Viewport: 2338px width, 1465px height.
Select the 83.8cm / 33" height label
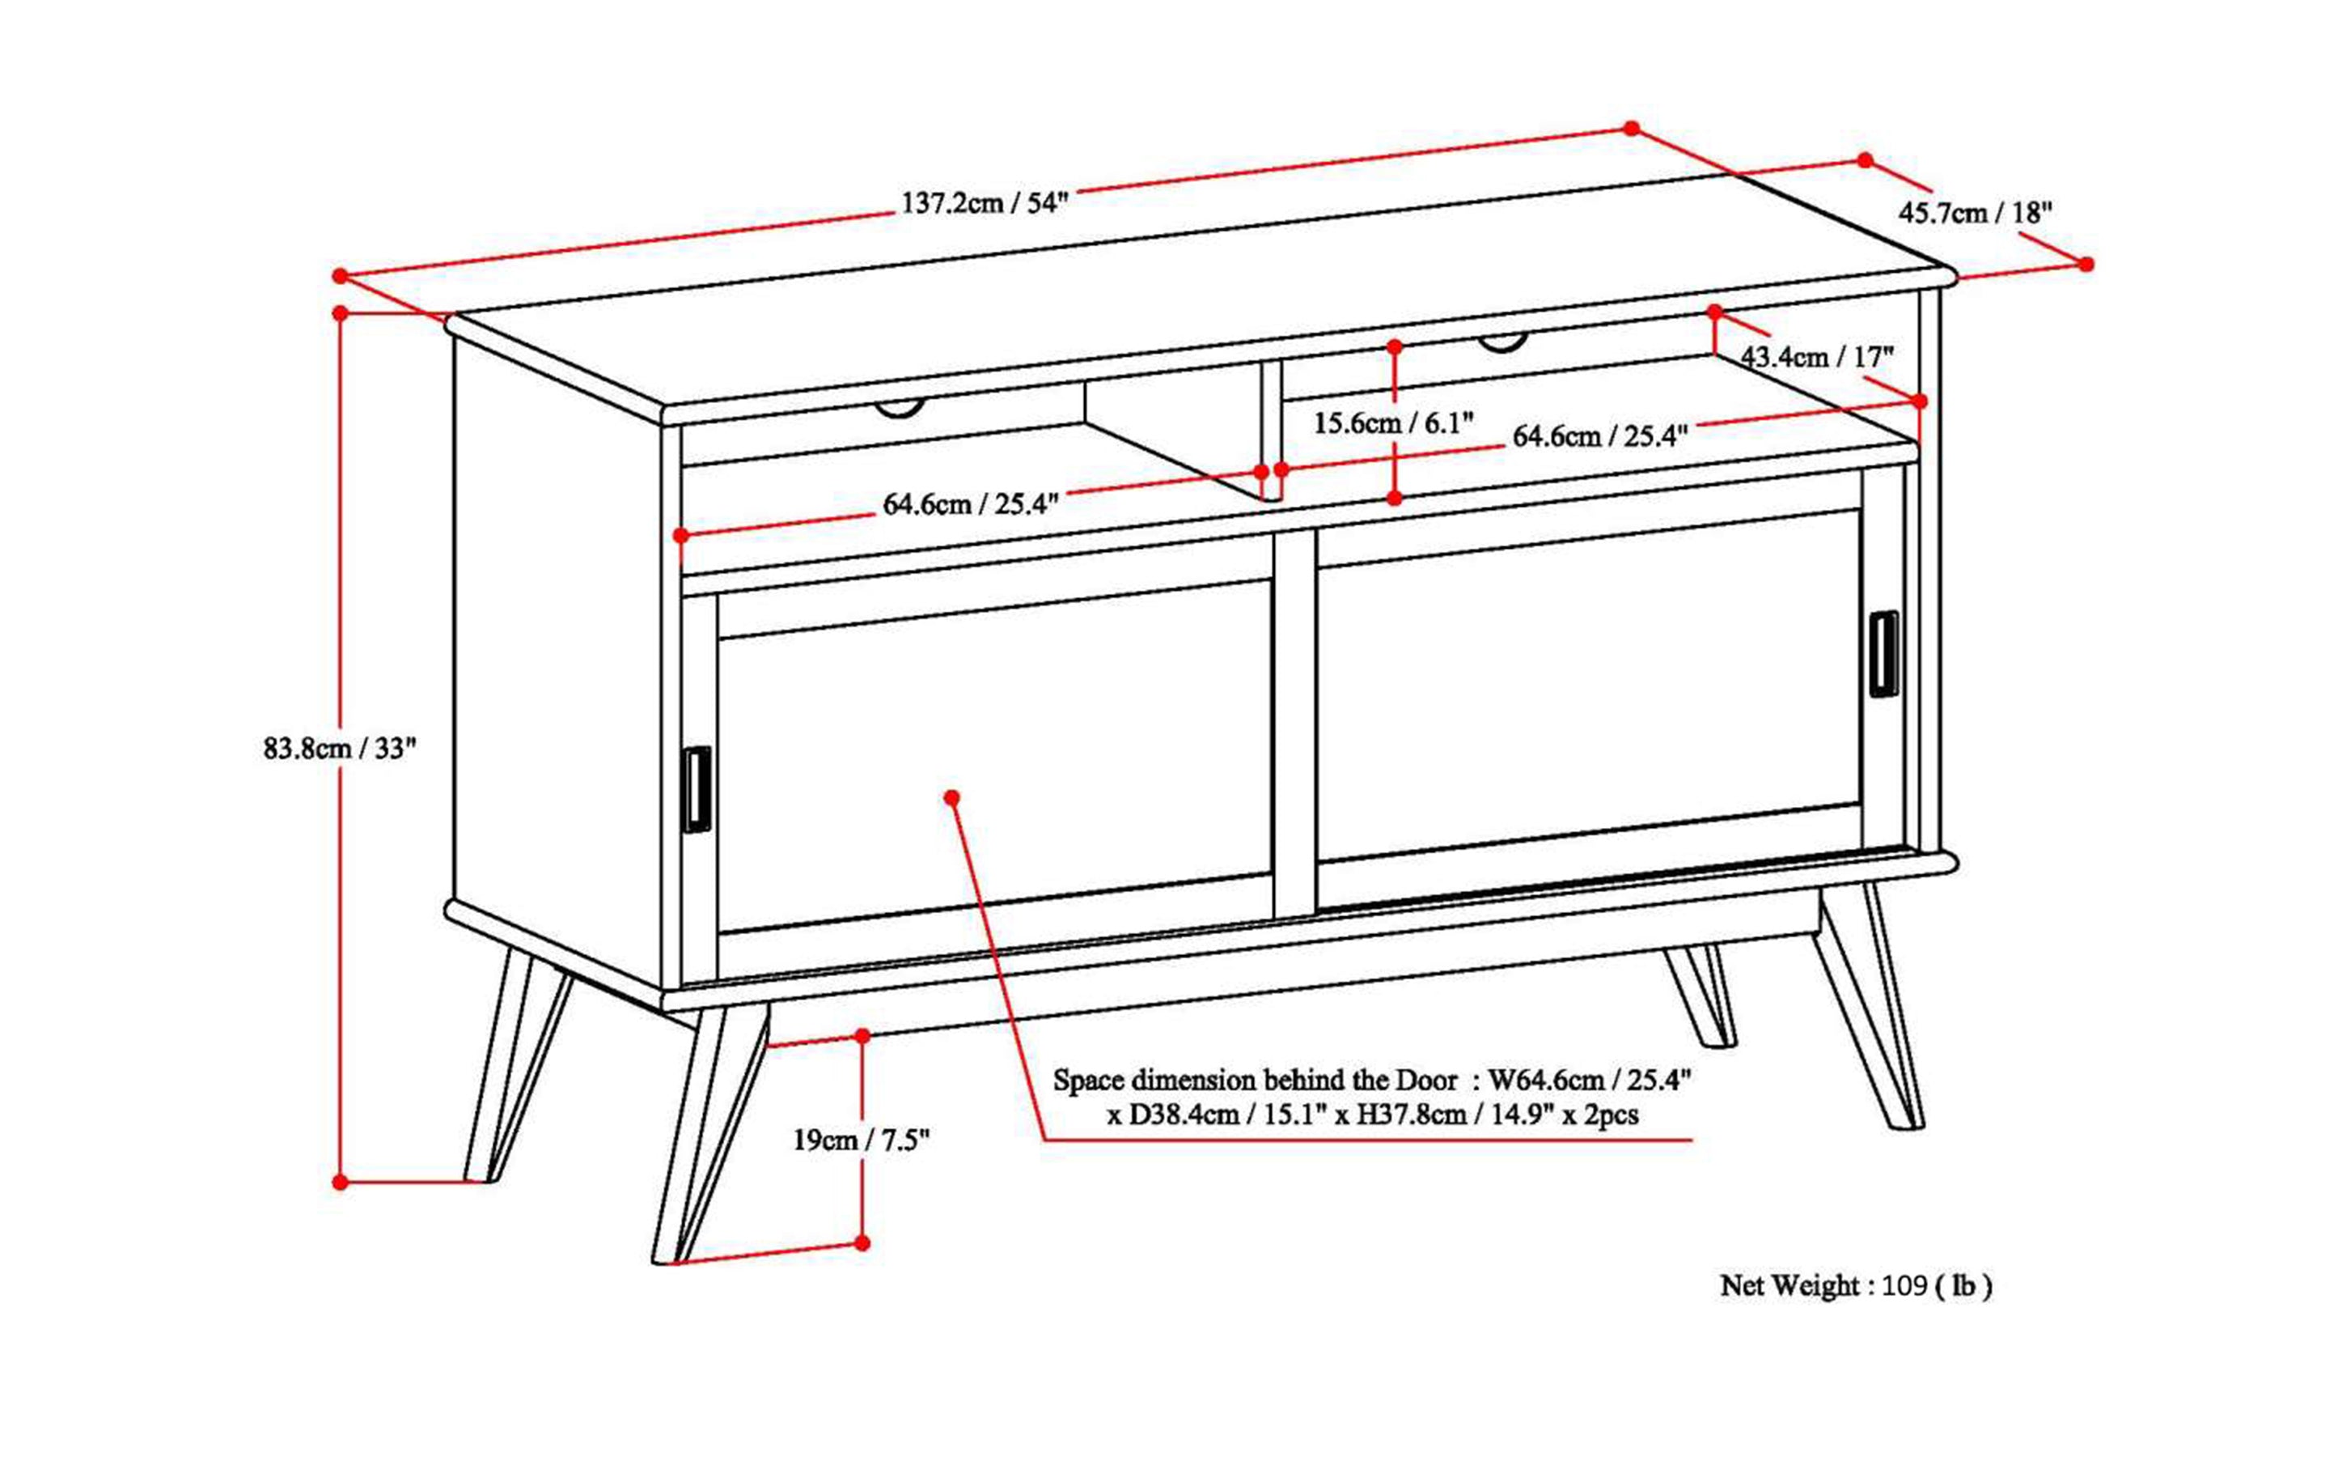[339, 748]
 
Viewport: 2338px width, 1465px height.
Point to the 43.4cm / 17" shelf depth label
[1817, 357]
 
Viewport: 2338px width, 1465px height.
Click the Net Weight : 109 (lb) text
[1856, 1286]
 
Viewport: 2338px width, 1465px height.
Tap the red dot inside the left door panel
[952, 797]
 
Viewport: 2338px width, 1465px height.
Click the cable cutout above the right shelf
[1502, 342]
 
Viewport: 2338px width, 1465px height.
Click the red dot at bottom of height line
[340, 1182]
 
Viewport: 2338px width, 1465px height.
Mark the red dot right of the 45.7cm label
[2086, 264]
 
